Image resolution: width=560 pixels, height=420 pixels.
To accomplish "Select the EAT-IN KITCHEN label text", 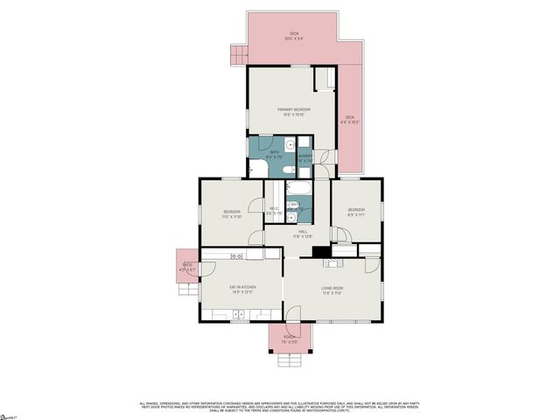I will tap(241, 289).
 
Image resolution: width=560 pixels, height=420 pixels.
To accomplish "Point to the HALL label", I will tap(302, 232).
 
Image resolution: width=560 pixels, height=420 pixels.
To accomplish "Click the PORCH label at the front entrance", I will tap(288, 337).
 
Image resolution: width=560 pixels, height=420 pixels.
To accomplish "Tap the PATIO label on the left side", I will tap(187, 264).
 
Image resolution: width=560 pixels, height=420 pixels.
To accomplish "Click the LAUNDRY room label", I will tap(305, 157).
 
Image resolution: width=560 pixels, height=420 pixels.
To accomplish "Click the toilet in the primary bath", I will tap(287, 145).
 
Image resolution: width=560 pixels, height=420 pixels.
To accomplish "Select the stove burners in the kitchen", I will tap(236, 255).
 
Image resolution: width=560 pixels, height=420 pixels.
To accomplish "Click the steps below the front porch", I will tap(288, 359).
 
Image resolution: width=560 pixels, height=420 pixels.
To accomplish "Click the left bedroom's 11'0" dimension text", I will tap(231, 216).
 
